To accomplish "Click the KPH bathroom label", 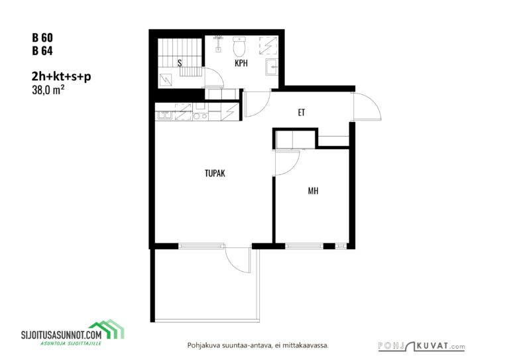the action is pos(241,63).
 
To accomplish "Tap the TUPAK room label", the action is pos(215,173).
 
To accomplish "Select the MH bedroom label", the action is pos(313,190).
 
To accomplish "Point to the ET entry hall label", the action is pos(302,112).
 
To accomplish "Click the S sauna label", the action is pos(180,63).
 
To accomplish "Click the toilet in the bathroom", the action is pos(239,46).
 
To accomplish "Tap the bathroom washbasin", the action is pos(272,67).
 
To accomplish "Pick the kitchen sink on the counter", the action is pos(165,115).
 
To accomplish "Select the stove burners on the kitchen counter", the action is pos(200,116).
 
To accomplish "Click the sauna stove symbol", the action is pos(166,80).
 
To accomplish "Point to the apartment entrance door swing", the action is pos(367,107).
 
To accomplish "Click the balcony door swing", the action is pos(238,261).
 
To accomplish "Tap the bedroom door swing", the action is pos(286,163).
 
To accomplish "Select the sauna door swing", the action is pos(214,78).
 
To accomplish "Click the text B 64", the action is pos(42,51).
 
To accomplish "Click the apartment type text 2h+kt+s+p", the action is pos(62,77).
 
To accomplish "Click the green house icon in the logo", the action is pos(107,329).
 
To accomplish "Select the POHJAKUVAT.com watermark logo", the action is pos(422,346).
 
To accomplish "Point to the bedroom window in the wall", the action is pos(304,246).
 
